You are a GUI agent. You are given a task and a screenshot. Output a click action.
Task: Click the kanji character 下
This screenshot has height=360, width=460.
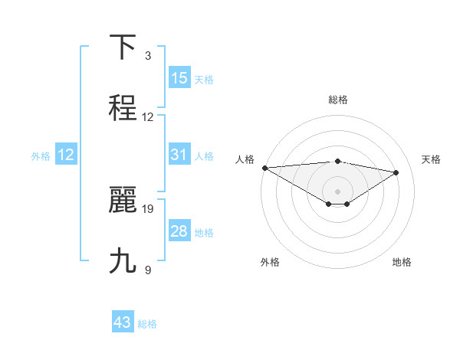pos(123,47)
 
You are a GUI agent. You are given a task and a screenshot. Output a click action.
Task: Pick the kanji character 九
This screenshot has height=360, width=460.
pos(123,261)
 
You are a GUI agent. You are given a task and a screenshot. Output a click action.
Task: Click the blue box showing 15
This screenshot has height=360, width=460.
pos(179,78)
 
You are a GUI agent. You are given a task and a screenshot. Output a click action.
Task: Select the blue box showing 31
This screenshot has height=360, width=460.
pos(179,155)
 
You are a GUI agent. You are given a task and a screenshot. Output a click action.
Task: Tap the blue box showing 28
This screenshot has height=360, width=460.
pos(179,231)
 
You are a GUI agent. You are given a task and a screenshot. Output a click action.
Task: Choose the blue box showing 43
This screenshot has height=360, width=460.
pos(123,323)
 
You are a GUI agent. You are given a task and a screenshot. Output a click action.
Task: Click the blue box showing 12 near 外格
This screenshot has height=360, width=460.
pos(66,155)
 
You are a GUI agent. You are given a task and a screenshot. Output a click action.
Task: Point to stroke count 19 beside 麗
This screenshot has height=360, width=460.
pos(148,208)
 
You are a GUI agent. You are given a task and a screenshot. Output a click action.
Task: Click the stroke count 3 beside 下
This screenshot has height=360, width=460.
pos(148,55)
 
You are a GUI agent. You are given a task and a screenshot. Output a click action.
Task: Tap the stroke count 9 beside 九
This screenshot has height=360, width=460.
pos(148,270)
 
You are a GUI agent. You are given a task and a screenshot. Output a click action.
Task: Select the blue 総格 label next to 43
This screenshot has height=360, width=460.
pos(147,324)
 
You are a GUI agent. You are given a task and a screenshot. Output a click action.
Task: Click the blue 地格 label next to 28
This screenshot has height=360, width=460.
pos(204,232)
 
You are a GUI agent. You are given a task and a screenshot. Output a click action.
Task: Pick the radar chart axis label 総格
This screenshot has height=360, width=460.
pos(338,100)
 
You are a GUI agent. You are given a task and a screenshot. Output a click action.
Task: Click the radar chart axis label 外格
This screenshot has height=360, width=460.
pos(270,262)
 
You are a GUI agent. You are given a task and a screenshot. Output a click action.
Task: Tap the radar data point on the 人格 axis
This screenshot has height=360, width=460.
pos(264,168)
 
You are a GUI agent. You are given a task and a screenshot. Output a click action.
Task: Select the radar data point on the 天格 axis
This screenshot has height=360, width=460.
pos(396,172)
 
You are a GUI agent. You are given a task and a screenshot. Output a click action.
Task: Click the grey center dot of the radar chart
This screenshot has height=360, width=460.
pos(338,191)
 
